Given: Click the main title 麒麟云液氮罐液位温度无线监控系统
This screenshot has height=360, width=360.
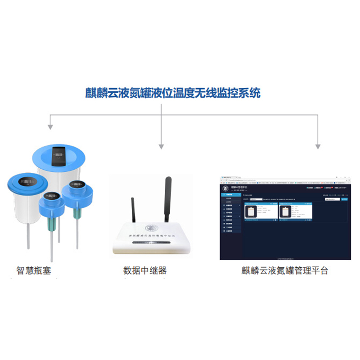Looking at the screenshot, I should pyautogui.click(x=173, y=94).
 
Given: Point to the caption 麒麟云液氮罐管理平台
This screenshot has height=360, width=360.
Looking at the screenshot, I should pyautogui.click(x=285, y=270).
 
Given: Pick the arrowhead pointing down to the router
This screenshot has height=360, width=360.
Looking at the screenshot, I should pyautogui.click(x=162, y=146).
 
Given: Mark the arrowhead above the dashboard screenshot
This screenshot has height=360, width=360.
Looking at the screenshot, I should pyautogui.click(x=318, y=146).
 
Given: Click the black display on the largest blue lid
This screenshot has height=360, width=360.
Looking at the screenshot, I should pyautogui.click(x=58, y=153).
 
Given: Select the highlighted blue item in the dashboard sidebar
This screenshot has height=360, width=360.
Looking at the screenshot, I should pyautogui.click(x=230, y=194).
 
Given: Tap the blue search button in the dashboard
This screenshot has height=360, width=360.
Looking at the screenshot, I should pyautogui.click(x=345, y=198).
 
